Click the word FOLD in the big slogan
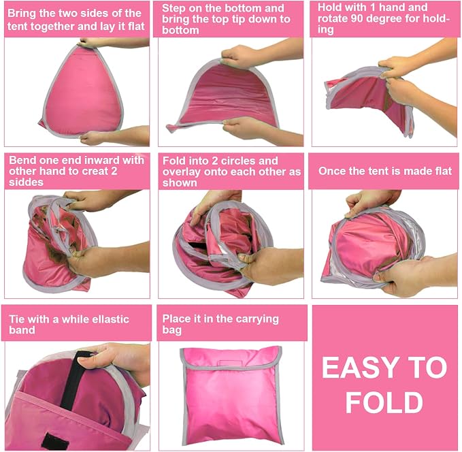384,402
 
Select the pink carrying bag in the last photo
231,395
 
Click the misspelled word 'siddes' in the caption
27,182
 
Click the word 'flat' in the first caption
136,26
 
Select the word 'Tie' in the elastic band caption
17,319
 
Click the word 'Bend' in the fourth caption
22,160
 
